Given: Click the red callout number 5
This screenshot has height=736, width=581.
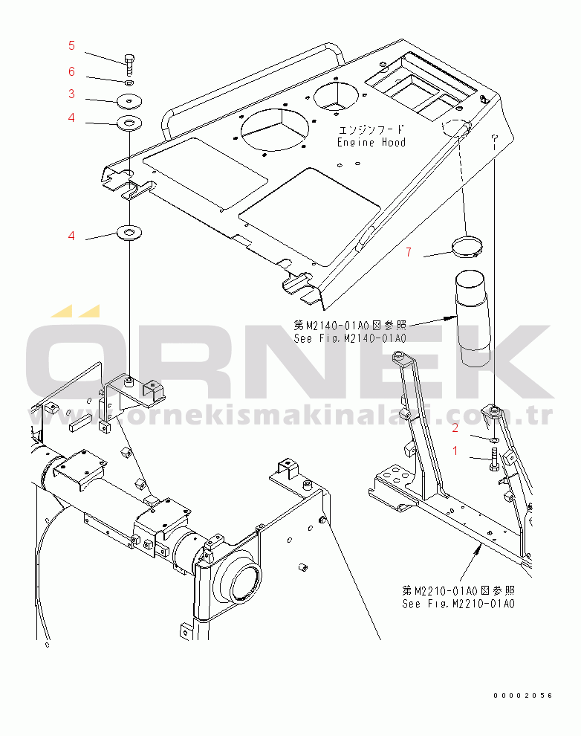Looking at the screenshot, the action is (x=71, y=45).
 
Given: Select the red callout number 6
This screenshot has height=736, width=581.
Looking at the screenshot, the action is (x=71, y=71).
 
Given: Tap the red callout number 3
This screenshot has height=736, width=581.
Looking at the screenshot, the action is (x=71, y=94).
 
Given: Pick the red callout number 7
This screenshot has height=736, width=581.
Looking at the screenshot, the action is (x=409, y=252).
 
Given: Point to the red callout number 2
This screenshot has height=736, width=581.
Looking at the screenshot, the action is (x=455, y=427).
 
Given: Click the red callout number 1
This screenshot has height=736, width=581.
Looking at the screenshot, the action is (x=455, y=451).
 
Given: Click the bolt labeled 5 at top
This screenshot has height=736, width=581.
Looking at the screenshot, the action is (x=130, y=64).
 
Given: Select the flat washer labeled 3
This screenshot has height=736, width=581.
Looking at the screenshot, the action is (x=129, y=101).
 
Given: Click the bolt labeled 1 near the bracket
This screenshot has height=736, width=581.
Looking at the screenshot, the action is (x=494, y=459).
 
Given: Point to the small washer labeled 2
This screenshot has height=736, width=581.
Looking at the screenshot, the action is (x=494, y=440).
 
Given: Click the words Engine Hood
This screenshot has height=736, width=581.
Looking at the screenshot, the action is (x=371, y=142).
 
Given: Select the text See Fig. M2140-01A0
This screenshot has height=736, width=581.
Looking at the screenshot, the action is (x=350, y=338).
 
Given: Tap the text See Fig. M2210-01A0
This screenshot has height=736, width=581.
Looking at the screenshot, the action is (x=458, y=604).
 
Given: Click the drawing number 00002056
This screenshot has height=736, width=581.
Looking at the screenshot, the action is (x=523, y=696).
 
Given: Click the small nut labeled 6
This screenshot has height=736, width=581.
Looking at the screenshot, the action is (x=130, y=83).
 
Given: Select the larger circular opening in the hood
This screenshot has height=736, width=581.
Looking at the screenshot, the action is (x=275, y=130).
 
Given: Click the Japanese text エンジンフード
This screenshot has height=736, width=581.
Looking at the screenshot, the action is (x=371, y=129).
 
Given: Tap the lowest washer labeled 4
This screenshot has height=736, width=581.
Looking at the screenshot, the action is (x=129, y=232).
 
